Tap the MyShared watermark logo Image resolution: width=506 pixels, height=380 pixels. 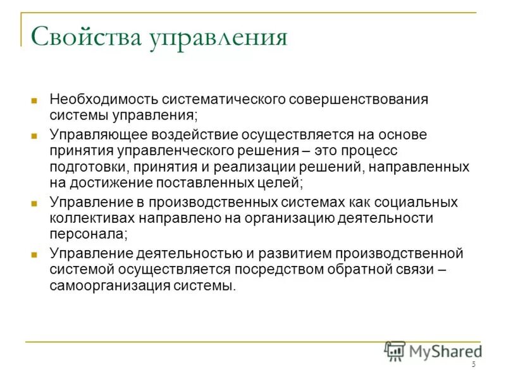(433, 350)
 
